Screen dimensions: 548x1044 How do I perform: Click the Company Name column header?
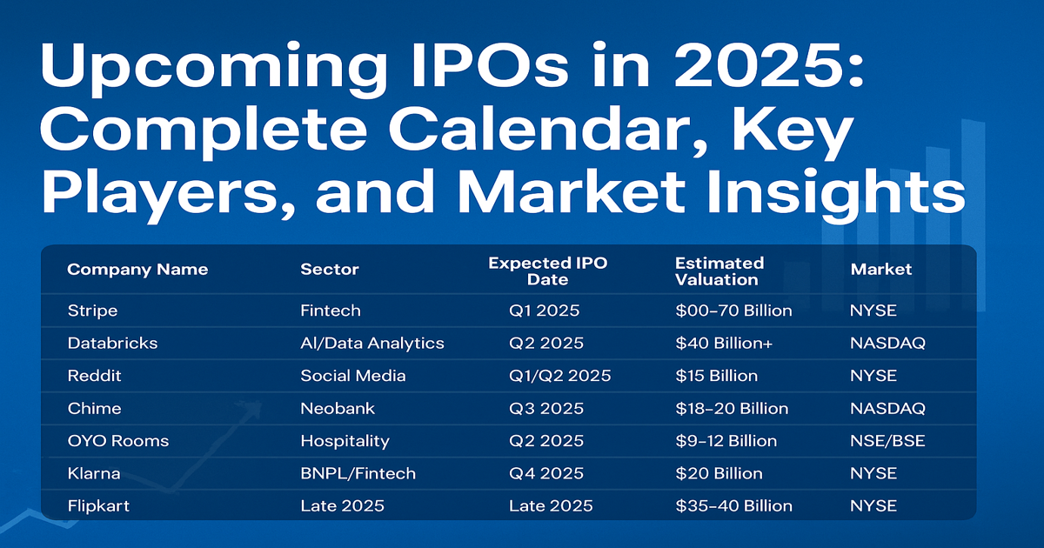click(137, 270)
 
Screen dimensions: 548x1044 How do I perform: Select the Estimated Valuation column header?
click(719, 271)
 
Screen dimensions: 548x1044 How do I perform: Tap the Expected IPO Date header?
click(547, 271)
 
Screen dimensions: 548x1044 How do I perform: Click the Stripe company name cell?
click(92, 311)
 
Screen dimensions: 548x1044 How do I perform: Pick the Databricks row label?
click(112, 344)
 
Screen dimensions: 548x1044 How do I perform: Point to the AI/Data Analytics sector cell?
click(372, 344)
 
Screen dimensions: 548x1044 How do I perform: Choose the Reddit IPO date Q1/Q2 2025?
click(560, 376)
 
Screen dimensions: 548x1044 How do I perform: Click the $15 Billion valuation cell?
click(716, 376)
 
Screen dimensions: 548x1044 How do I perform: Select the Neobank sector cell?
click(333, 409)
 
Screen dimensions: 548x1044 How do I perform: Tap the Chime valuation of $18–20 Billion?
click(732, 409)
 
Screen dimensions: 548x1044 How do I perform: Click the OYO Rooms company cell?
click(118, 441)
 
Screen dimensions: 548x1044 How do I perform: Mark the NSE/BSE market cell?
click(887, 441)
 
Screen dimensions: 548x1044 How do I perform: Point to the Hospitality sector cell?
click(345, 441)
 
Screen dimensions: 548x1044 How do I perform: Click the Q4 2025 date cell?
click(546, 474)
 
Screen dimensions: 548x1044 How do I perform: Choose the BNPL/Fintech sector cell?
click(358, 474)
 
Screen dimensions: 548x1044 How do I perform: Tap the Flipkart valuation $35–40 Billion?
click(733, 506)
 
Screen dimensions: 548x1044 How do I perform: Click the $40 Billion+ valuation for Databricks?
click(723, 344)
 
